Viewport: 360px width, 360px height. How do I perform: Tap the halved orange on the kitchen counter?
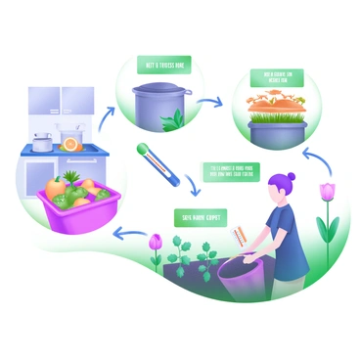point(70,143)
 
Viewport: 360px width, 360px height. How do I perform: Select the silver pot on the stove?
point(42,143)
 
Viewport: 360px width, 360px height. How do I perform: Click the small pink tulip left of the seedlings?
point(154,241)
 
